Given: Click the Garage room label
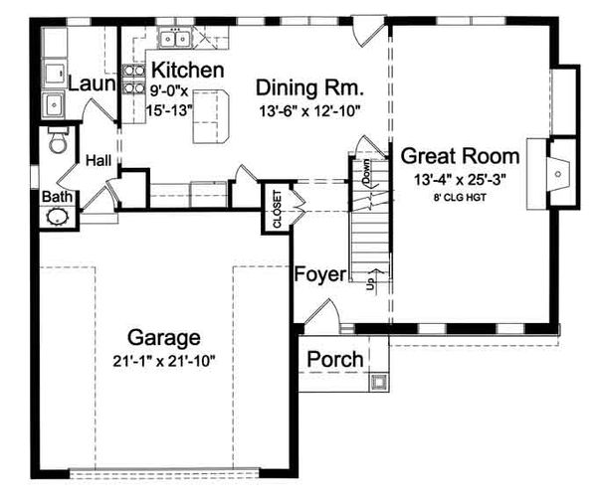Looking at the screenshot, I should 164,336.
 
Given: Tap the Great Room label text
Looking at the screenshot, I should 460,156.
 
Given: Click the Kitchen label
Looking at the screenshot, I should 186,70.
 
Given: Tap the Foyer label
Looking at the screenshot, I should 318,273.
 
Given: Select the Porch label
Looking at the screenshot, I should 333,359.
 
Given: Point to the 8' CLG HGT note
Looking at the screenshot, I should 460,197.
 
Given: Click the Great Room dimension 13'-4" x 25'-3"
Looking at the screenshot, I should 460,179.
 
